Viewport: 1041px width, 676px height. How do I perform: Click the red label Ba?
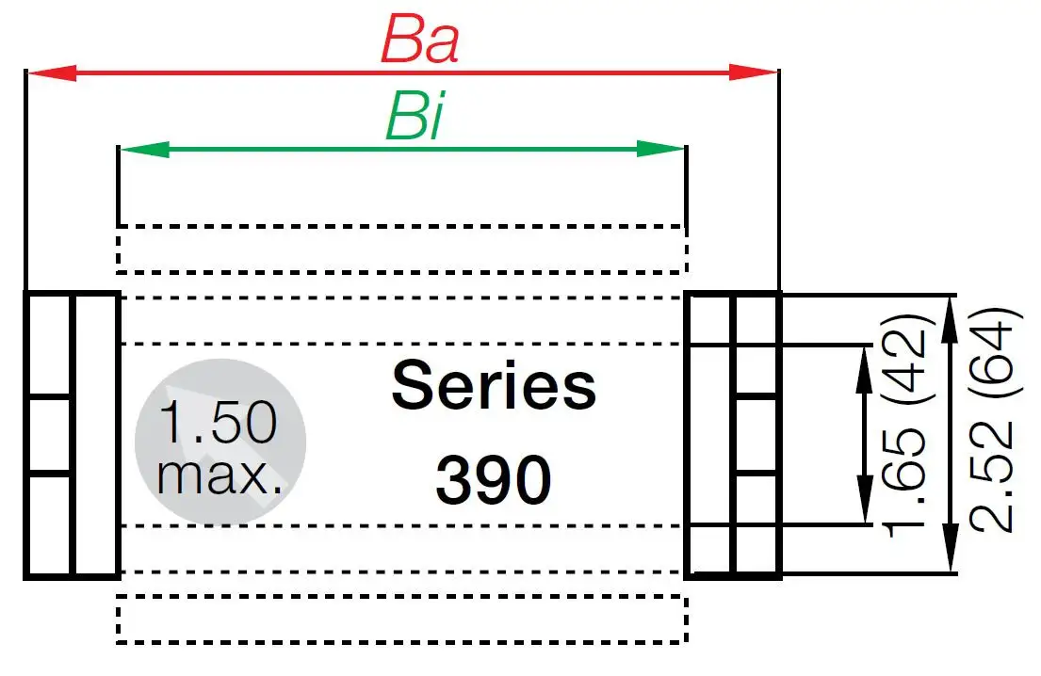[x=419, y=40]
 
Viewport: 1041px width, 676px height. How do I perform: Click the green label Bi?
[x=414, y=120]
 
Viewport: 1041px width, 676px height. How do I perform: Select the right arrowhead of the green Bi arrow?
[x=661, y=149]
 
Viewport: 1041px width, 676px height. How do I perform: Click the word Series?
[x=494, y=387]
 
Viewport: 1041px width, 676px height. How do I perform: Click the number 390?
[x=494, y=481]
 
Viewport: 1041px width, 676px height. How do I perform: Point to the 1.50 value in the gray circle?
[x=219, y=423]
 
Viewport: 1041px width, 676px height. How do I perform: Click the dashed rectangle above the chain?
[x=400, y=249]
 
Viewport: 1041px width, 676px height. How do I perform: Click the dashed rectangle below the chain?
[x=400, y=620]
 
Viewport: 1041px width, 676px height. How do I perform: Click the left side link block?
[x=72, y=434]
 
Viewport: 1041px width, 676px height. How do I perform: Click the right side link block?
[x=734, y=434]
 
